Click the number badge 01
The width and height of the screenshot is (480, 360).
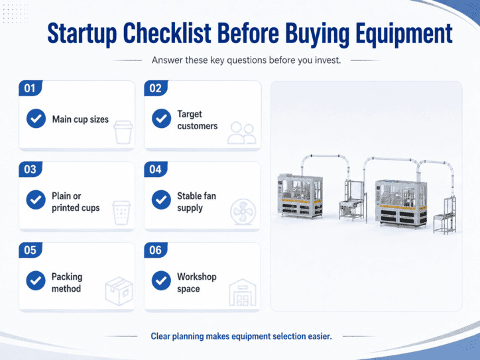30,88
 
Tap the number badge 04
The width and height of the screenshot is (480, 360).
156,169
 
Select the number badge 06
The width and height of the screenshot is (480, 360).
156,250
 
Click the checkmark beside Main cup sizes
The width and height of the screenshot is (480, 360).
36,119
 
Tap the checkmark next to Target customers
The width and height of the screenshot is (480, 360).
161,119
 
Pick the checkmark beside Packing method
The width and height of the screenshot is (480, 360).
36,280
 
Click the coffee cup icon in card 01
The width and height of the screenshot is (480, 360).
123,132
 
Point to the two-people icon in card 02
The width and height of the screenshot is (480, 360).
242,133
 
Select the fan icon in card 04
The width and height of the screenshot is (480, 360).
243,212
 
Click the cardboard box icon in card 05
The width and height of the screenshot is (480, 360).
119,291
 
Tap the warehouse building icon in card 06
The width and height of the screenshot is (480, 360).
243,292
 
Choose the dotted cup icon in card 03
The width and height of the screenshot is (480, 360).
121,213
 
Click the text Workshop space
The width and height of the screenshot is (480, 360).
196,282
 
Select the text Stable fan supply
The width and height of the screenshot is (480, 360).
196,202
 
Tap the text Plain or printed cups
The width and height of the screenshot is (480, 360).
76,202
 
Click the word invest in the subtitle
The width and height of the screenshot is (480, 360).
328,60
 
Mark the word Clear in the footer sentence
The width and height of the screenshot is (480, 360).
160,336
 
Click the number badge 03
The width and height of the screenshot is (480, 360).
30,169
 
